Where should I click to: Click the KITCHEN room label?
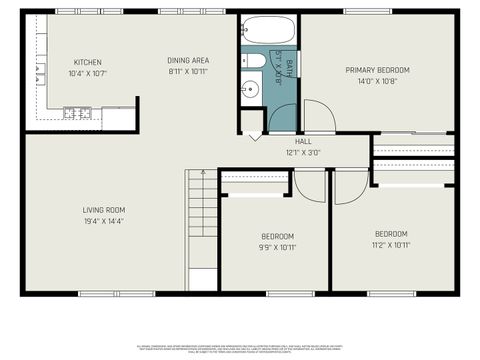click(x=88, y=61)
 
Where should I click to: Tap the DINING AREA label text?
click(x=188, y=60)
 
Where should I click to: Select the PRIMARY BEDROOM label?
click(x=377, y=70)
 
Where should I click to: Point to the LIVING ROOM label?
click(x=103, y=209)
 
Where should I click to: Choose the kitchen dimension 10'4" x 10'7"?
click(x=88, y=73)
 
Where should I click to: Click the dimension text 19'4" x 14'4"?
click(x=103, y=221)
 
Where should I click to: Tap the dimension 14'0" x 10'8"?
click(x=377, y=82)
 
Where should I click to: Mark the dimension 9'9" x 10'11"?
click(x=278, y=247)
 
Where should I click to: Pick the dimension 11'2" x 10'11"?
click(x=391, y=245)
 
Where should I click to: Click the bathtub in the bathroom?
click(x=269, y=31)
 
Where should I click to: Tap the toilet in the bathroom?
click(x=254, y=62)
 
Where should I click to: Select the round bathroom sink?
click(x=250, y=89)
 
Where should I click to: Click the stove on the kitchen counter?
click(x=75, y=113)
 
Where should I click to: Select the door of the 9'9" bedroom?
click(x=311, y=185)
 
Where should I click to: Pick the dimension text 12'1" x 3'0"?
click(x=302, y=153)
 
